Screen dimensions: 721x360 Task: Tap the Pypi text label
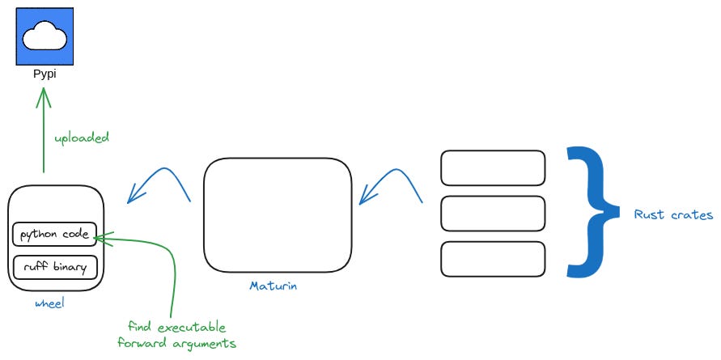click(45, 74)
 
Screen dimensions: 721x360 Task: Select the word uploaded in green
click(81, 138)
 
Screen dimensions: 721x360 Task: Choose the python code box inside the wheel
click(55, 235)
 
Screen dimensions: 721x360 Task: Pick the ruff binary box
click(55, 265)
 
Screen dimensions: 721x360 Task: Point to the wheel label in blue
click(49, 303)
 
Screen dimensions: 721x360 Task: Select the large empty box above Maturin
click(278, 214)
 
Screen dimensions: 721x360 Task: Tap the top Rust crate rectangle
click(493, 168)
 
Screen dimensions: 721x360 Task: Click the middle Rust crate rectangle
click(493, 214)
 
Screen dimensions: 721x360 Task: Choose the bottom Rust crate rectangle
click(493, 259)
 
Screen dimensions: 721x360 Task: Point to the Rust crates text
click(673, 215)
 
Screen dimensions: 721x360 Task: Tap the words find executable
click(176, 327)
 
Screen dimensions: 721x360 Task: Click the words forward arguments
click(176, 343)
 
